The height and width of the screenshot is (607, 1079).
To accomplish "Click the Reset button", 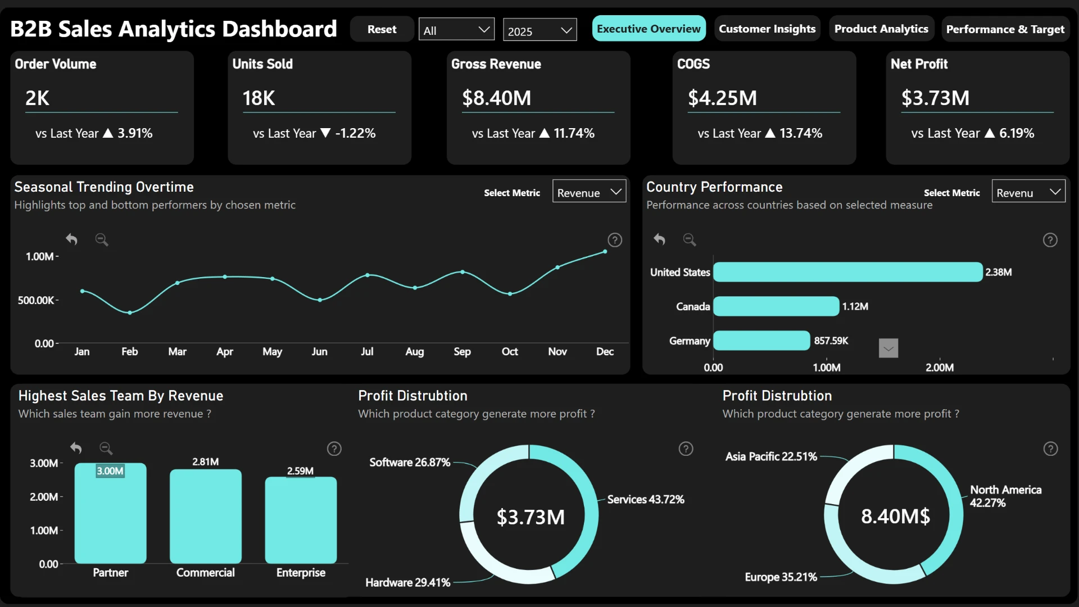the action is tap(382, 29).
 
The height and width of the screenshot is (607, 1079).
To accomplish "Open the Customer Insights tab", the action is tap(767, 29).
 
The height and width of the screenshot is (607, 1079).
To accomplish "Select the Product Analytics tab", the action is tap(881, 29).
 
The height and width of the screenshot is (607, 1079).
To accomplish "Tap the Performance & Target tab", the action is tap(1005, 29).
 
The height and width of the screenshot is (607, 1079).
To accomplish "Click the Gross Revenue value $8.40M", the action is tap(496, 98).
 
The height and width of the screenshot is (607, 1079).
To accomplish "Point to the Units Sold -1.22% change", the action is tap(355, 133).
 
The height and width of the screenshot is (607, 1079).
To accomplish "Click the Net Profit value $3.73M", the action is tap(935, 98).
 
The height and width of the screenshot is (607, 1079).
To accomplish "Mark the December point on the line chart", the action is tap(605, 252).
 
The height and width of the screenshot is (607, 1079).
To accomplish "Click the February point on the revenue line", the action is tap(130, 312).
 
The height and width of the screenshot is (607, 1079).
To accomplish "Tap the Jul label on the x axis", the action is tap(367, 351).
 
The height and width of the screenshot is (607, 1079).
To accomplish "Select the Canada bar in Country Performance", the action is tap(776, 306).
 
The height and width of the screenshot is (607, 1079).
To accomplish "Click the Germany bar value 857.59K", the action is tap(831, 341).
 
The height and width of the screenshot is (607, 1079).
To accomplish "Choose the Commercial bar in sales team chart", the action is tap(206, 516).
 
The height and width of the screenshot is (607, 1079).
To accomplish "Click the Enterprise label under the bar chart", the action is tap(301, 573).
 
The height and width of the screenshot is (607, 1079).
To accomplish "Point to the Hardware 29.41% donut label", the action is tap(408, 582).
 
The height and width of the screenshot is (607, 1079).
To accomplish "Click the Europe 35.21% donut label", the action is tap(781, 577).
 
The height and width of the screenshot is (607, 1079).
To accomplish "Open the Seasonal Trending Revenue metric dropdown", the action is tap(589, 192).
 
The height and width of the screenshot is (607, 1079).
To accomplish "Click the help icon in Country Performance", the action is tap(1050, 240).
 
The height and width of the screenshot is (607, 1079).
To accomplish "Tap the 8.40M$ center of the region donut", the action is tap(895, 516).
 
